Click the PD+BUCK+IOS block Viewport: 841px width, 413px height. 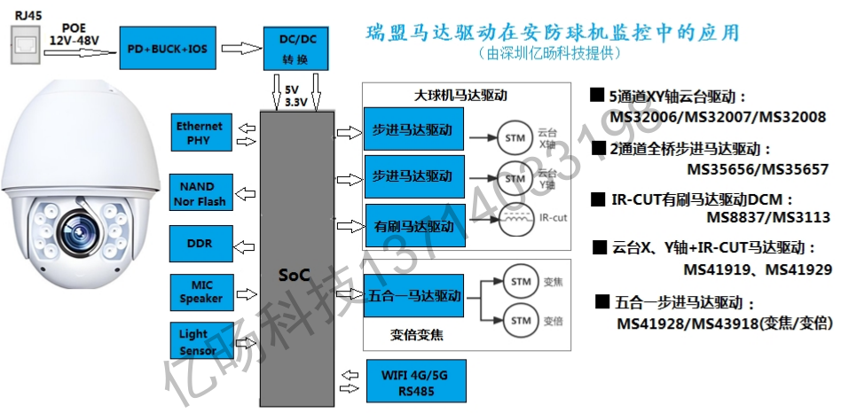point(168,48)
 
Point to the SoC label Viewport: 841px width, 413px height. point(292,275)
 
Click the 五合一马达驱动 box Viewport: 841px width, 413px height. point(413,294)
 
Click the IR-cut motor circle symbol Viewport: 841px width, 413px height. point(515,219)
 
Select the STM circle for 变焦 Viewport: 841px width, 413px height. point(522,280)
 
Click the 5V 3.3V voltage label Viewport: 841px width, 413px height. point(296,97)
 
